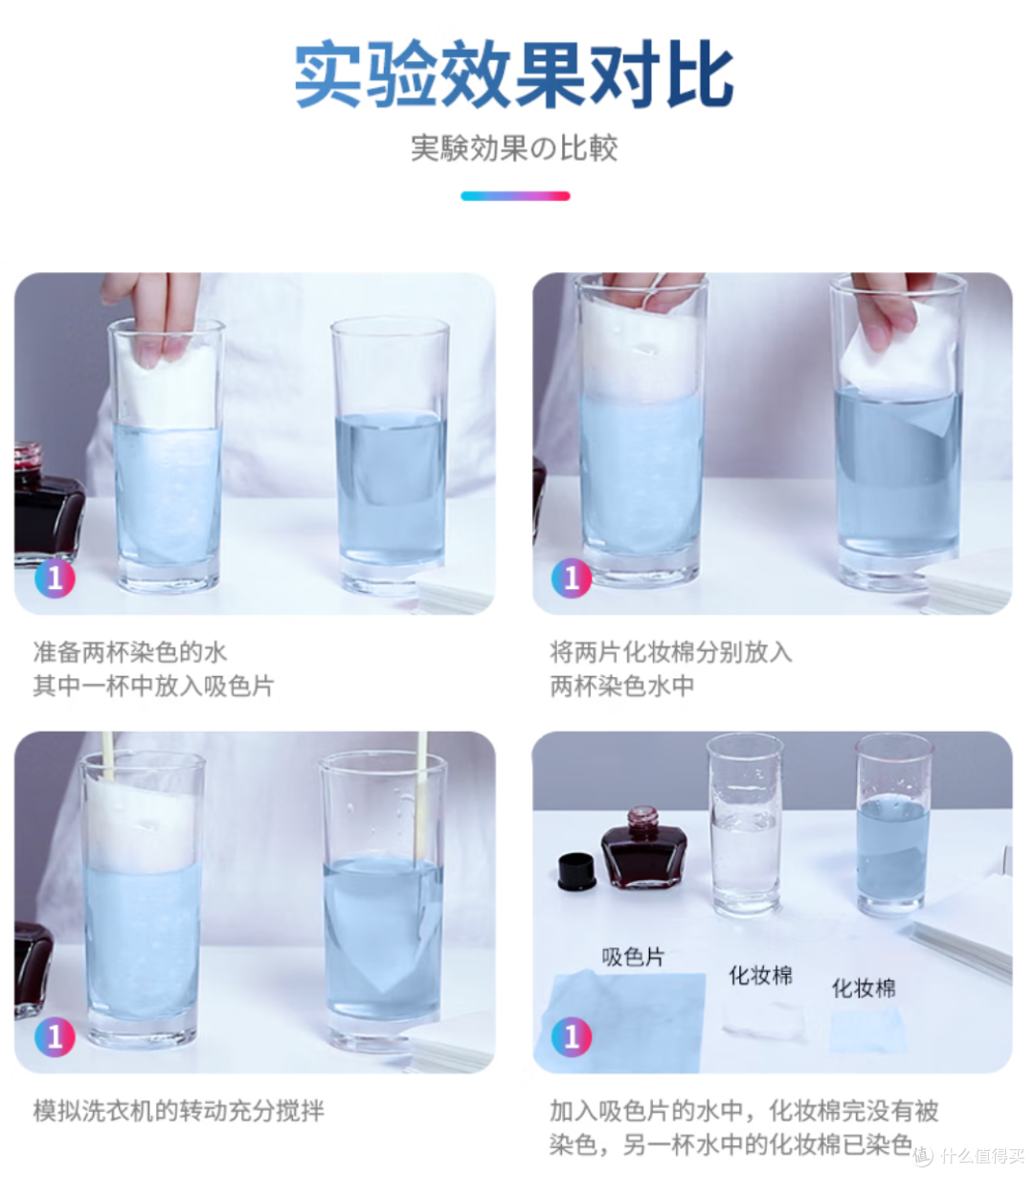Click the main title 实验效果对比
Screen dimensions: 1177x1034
514,75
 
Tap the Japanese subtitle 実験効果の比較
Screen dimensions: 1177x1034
514,148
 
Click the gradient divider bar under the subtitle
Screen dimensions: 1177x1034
515,196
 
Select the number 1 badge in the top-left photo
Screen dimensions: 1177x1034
55,577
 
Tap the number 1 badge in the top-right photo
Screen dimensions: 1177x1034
572,577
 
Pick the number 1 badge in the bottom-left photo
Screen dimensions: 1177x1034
55,1037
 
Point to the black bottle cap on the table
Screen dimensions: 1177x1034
576,871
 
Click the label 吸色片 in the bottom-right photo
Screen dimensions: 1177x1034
633,957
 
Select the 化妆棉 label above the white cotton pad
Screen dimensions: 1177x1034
761,975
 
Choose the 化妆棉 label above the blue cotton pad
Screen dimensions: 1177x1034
864,988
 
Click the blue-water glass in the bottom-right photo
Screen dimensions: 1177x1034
892,826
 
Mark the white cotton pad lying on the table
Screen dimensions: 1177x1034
763,1021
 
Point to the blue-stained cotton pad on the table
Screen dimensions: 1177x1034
866,1030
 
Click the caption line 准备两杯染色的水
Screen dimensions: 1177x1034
130,652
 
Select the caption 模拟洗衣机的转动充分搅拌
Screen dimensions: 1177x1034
179,1111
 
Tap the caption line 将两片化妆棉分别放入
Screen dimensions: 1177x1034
671,652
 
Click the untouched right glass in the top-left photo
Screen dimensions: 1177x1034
390,457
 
